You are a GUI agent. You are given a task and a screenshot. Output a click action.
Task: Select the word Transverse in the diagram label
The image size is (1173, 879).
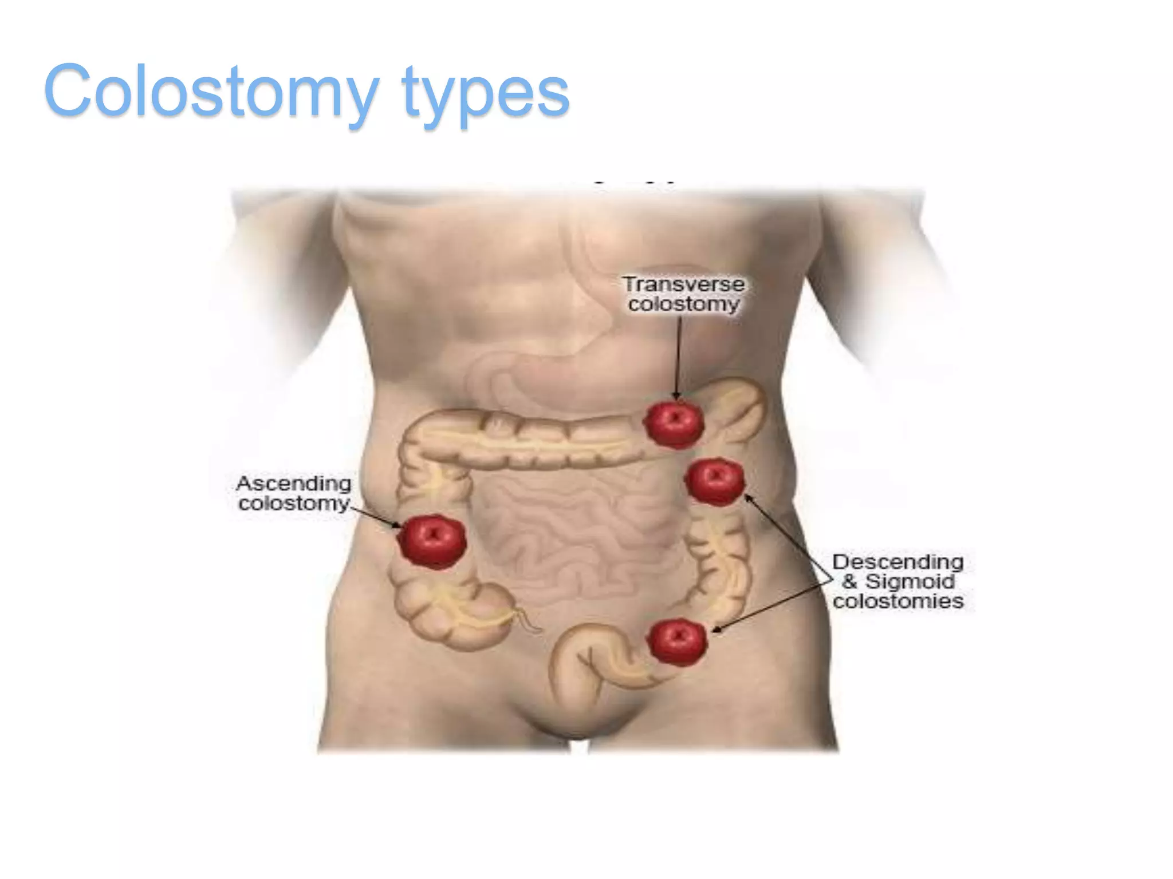coord(684,284)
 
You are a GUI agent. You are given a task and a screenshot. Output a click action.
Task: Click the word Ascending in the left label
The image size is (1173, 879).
coord(294,484)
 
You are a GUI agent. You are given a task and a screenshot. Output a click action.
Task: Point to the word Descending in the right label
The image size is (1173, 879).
coord(898,562)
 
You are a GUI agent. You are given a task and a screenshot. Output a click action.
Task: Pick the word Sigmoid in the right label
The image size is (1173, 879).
coord(910,581)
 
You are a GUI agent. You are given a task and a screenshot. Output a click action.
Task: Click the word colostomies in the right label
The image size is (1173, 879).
coord(898,601)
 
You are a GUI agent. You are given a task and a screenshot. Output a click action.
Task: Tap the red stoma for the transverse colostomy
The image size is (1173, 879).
coord(674,423)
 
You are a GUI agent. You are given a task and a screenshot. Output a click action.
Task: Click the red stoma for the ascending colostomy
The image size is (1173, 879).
coord(433,540)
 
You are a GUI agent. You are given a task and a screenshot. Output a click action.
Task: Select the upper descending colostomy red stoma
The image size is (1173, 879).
coord(715,481)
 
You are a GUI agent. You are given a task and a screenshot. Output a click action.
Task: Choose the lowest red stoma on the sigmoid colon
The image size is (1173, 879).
coord(677,641)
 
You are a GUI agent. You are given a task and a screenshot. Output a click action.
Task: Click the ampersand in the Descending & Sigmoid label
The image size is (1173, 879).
coord(849,581)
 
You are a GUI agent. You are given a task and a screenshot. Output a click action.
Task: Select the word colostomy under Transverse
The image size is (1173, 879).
coord(684,304)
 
